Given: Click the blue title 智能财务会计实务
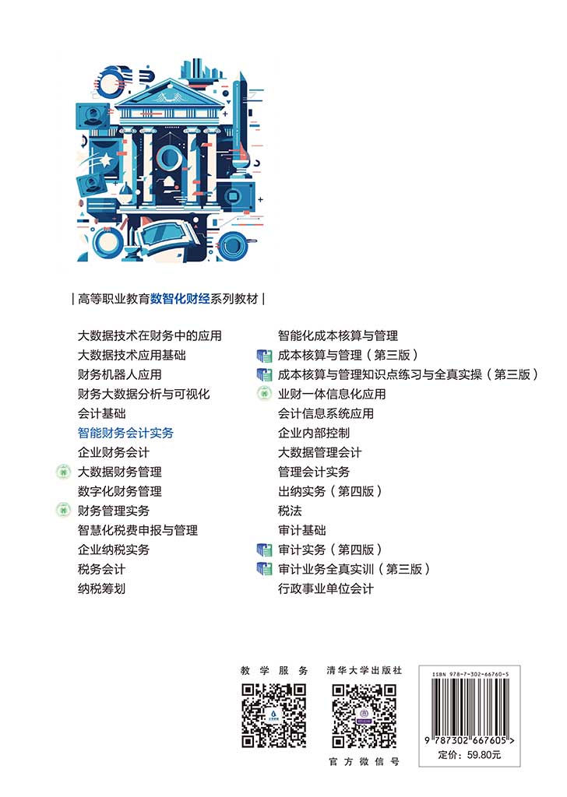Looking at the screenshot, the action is (125, 433).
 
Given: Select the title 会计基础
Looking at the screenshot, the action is (102, 414).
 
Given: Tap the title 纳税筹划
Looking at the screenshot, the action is (102, 588).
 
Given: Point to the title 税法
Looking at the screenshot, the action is (290, 511).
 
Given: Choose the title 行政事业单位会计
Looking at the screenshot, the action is (326, 588).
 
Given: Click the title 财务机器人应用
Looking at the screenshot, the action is (119, 374).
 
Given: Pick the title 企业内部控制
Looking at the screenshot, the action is (314, 433).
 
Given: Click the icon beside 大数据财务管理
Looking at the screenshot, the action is (62, 472).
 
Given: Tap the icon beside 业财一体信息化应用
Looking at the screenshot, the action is (264, 394).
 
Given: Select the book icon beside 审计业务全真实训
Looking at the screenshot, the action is (265, 569).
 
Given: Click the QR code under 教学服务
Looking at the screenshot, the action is (274, 716).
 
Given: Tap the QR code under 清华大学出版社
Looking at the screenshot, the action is (364, 716).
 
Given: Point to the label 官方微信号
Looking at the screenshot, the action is (364, 761).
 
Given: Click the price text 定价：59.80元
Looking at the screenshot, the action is (470, 755).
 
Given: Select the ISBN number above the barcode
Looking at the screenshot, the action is (470, 675).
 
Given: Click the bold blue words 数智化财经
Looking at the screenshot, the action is (180, 299).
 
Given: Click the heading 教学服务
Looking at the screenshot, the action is (275, 670).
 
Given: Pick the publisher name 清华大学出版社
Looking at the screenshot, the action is (364, 670).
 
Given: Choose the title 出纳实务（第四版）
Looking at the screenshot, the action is (329, 492).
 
